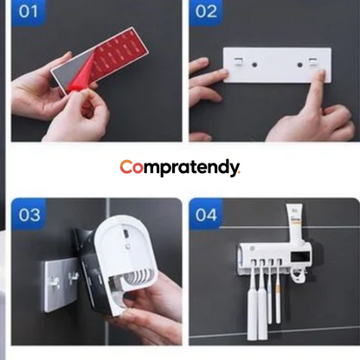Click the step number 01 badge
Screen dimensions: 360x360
coord(29,12)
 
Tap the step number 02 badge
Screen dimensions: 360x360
coord(206,12)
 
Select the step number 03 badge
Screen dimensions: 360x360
coord(29,214)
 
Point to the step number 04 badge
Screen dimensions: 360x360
coord(206,214)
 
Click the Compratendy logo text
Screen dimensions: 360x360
coord(180,168)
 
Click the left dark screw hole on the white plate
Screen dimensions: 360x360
coord(254,65)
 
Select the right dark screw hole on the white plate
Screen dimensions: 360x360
coord(300,65)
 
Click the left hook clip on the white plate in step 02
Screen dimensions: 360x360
coord(238,61)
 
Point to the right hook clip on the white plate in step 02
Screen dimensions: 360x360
coord(312,61)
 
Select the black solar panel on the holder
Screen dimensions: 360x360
coord(300,257)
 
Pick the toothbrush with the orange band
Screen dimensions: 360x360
coord(278,292)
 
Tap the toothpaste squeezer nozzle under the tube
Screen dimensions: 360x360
coord(298,276)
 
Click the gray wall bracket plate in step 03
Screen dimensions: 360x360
coord(60,285)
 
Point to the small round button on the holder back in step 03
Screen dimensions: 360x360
coord(127,247)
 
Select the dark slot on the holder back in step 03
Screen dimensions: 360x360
coord(125,233)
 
